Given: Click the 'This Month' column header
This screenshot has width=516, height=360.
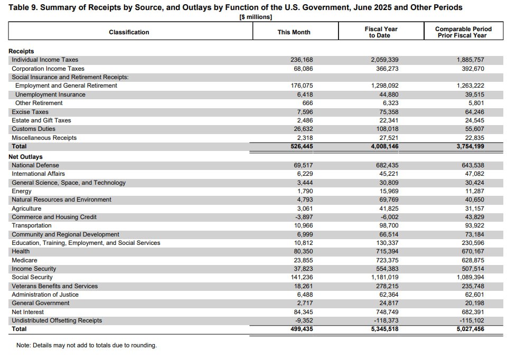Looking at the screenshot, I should click(294, 32).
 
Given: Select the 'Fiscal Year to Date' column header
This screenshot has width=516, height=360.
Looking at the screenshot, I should click(381, 32).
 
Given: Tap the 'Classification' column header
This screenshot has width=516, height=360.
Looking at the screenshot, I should click(129, 32).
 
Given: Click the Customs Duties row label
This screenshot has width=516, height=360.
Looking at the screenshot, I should click(33, 129).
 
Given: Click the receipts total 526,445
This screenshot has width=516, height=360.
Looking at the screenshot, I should click(302, 146).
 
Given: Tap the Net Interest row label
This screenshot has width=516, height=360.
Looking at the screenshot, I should click(28, 312).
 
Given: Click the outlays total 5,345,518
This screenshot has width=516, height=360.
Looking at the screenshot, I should click(384, 329).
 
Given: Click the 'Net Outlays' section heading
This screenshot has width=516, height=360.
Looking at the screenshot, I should click(25, 157).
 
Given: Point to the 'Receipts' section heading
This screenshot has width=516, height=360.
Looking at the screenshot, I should click(21, 51).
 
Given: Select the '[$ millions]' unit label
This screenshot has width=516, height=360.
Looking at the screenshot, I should click(256, 17).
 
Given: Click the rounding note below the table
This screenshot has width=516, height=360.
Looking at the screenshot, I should click(87, 345).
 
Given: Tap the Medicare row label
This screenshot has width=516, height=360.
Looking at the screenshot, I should click(24, 260).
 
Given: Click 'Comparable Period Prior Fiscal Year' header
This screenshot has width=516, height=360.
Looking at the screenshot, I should click(463, 32).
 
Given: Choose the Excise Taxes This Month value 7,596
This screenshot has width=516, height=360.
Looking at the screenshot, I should click(305, 112).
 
